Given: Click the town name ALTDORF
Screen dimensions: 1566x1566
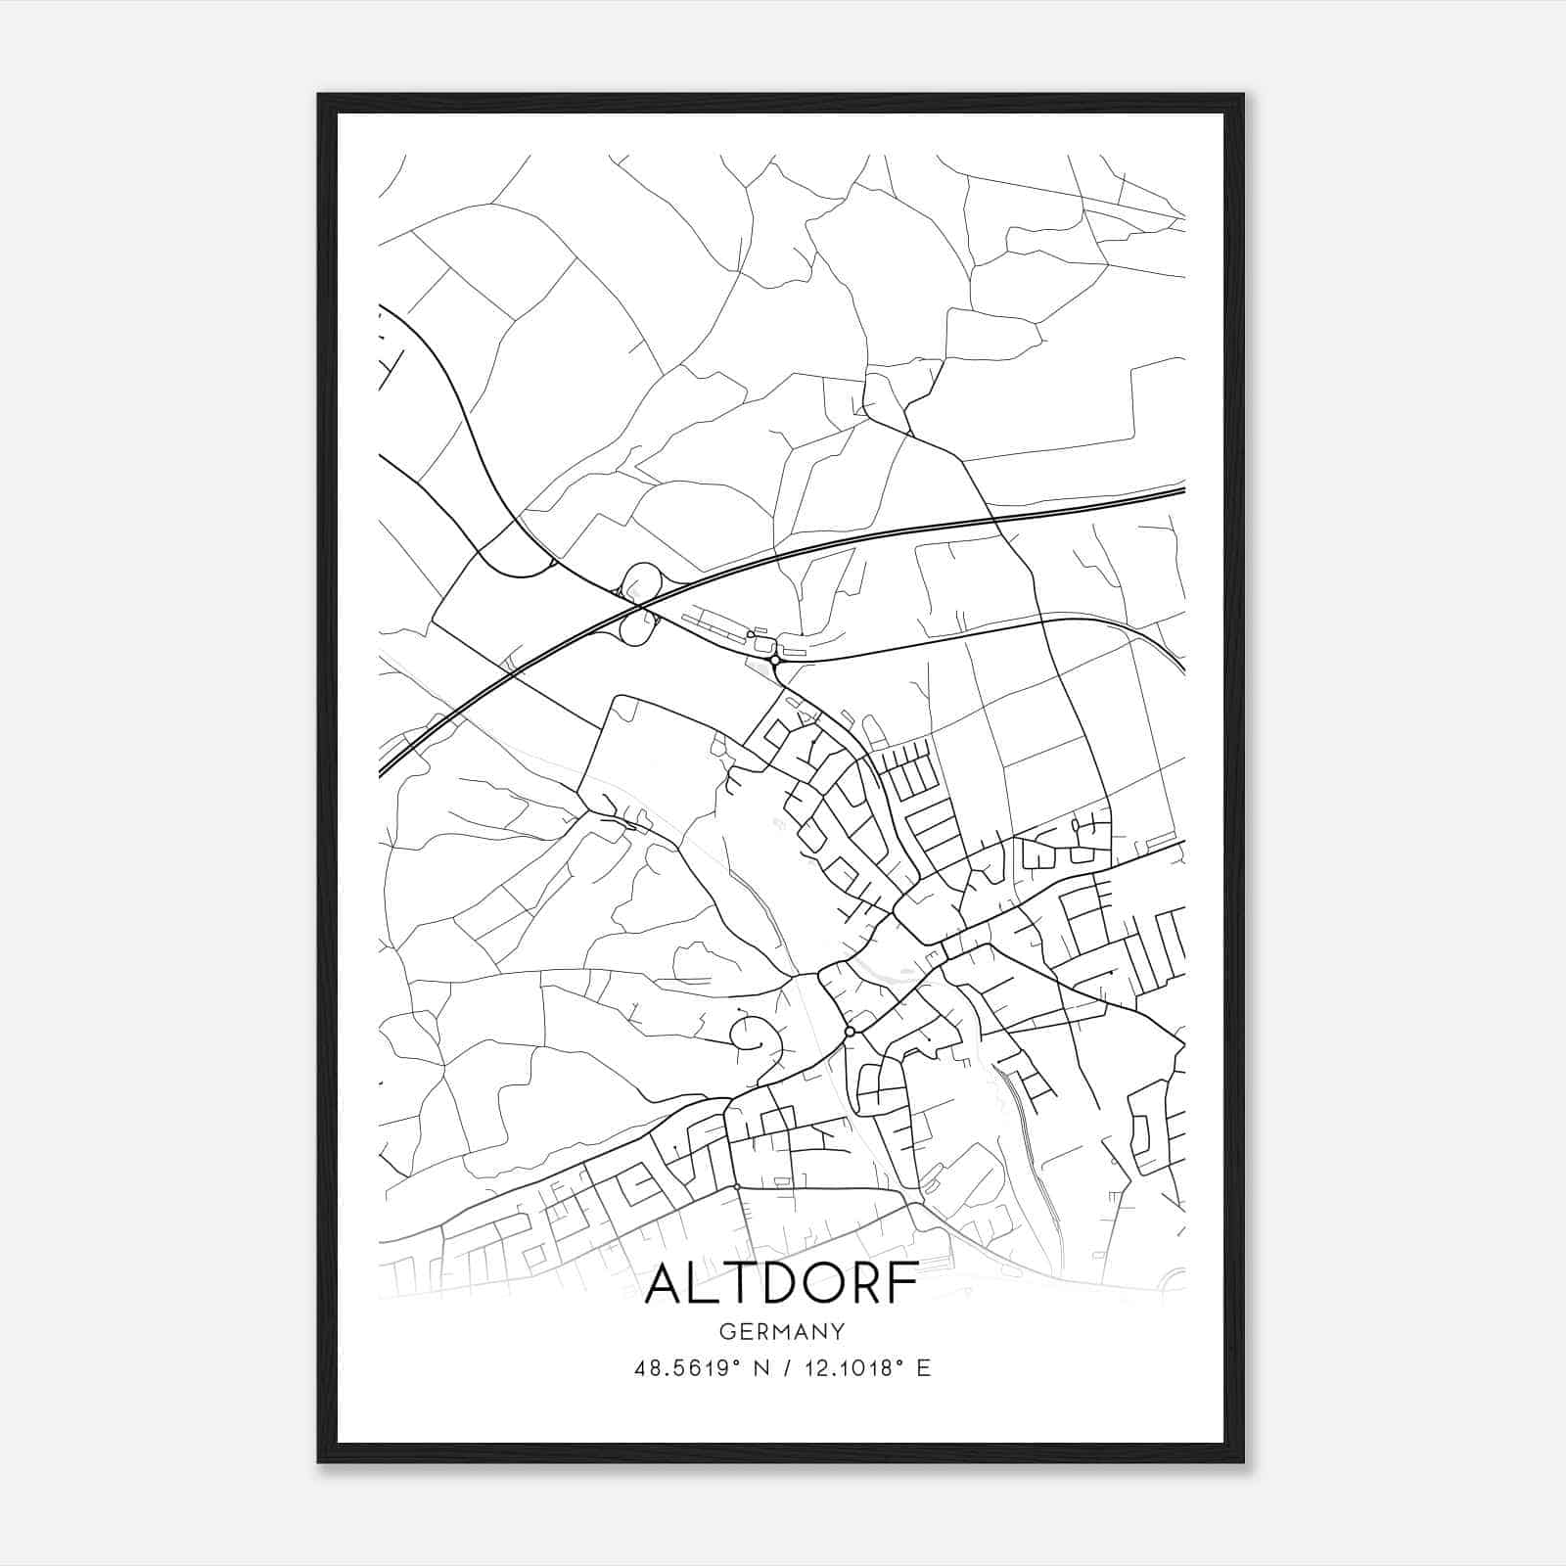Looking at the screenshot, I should (781, 1283).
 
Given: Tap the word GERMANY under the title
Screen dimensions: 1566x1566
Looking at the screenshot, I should (781, 1332).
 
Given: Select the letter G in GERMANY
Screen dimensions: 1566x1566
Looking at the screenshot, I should (725, 1332).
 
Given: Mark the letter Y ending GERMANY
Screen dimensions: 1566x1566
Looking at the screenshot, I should (838, 1332).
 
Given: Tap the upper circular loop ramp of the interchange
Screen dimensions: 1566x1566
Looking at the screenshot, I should (643, 578).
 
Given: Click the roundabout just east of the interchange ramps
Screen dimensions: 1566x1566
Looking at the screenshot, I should (774, 661).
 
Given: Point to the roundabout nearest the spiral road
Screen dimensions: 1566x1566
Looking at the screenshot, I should (850, 1032).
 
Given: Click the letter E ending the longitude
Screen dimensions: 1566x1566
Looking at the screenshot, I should (923, 1368).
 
